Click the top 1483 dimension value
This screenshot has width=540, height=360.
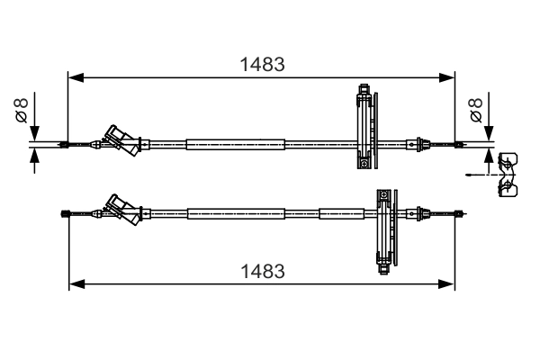[262, 64]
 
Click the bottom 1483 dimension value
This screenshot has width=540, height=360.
[262, 270]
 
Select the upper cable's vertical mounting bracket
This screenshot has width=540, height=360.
[364, 127]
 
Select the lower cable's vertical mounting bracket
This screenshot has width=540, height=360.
[385, 230]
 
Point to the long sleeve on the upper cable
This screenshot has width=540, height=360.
[236, 144]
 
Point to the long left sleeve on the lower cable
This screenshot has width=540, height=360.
[236, 213]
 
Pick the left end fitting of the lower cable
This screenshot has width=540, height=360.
[65, 213]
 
